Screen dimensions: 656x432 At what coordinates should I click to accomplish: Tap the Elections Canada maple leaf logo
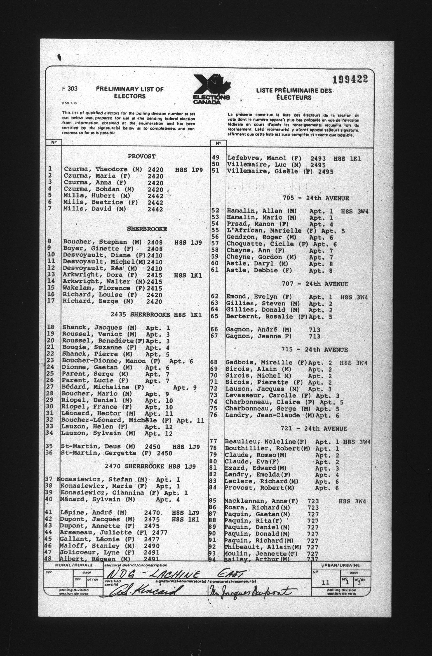(x=212, y=89)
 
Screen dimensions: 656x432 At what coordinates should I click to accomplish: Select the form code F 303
(x=70, y=89)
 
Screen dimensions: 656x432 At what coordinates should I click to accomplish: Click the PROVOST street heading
(x=141, y=156)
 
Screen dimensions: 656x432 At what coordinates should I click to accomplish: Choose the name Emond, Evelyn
(x=252, y=297)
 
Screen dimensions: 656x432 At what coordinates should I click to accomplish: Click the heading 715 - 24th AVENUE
(x=315, y=349)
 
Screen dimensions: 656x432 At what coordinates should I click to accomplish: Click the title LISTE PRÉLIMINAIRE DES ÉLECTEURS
(x=294, y=94)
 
